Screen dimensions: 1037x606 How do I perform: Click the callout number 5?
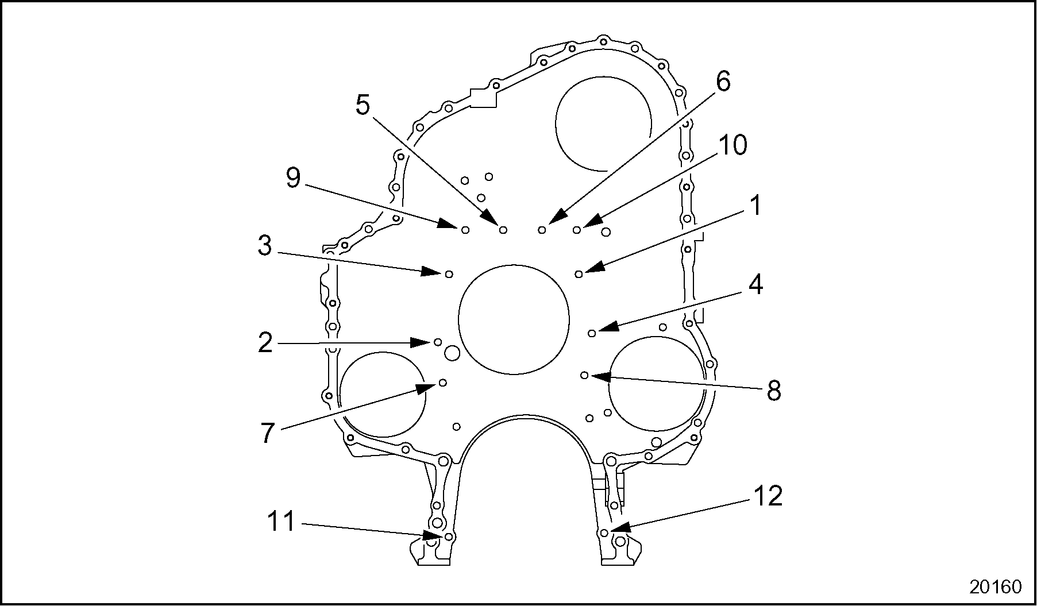pyautogui.click(x=363, y=105)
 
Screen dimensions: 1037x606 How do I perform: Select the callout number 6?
pyautogui.click(x=723, y=82)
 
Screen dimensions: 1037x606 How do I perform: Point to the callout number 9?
pyautogui.click(x=293, y=179)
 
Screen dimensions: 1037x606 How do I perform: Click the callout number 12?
pyautogui.click(x=768, y=496)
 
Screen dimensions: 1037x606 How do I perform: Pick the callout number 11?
pyautogui.click(x=282, y=522)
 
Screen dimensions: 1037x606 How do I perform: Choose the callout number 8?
pyautogui.click(x=774, y=391)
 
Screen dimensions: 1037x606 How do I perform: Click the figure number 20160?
pyautogui.click(x=996, y=586)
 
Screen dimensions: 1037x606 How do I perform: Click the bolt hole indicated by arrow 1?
pyautogui.click(x=579, y=274)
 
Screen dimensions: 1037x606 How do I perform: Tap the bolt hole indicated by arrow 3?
pyautogui.click(x=450, y=273)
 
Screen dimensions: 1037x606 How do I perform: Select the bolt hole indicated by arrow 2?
pyautogui.click(x=438, y=342)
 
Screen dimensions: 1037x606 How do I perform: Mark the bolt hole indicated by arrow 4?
pyautogui.click(x=592, y=333)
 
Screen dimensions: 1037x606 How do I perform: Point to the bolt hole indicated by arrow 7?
pyautogui.click(x=442, y=383)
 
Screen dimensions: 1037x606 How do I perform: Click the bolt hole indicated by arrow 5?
pyautogui.click(x=503, y=230)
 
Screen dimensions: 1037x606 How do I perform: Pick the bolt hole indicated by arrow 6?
pyautogui.click(x=542, y=230)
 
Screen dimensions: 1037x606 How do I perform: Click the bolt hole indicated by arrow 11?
pyautogui.click(x=449, y=536)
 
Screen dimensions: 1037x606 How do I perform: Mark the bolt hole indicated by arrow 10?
pyautogui.click(x=576, y=230)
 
